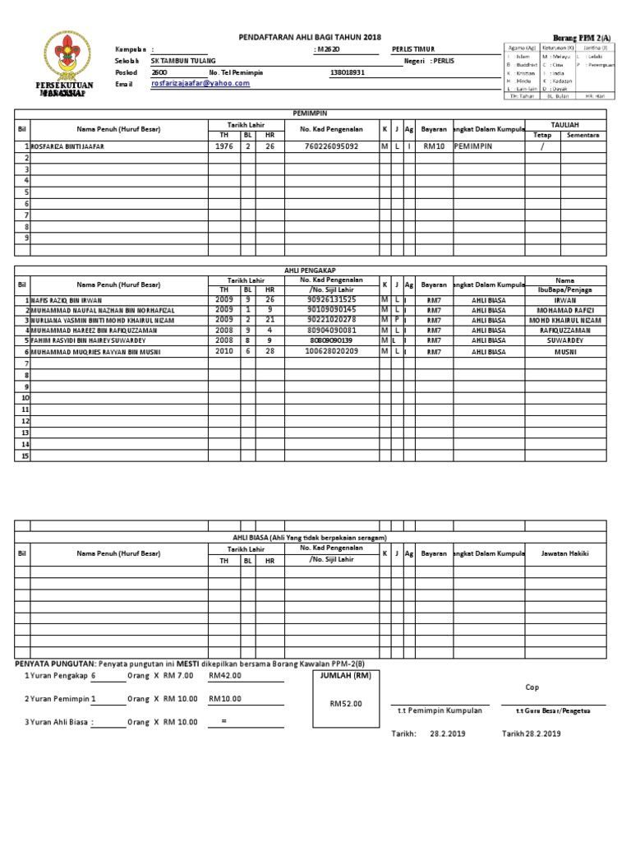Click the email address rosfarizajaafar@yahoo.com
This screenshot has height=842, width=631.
click(200, 84)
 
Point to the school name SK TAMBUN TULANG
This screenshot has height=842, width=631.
click(183, 61)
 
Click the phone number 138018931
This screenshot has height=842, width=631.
click(347, 72)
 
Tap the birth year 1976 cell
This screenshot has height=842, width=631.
click(223, 146)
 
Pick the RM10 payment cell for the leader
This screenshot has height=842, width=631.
click(433, 147)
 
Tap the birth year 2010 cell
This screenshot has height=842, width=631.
click(223, 351)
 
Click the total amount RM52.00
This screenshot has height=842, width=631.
click(345, 704)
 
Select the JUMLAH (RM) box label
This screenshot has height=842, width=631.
click(345, 676)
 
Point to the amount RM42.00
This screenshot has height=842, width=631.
click(224, 676)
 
